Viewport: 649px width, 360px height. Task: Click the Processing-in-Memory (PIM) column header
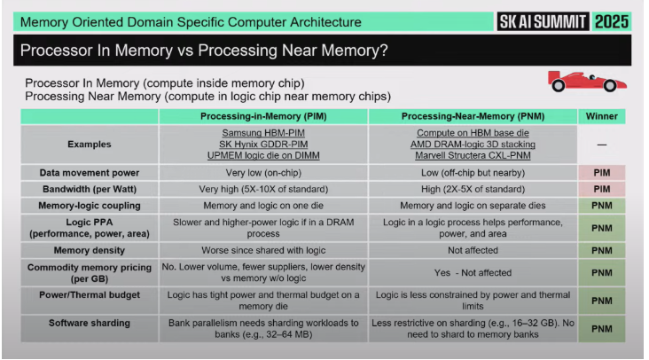coord(263,116)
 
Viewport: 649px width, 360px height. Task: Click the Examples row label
coord(89,144)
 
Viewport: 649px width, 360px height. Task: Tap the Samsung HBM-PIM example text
coord(263,132)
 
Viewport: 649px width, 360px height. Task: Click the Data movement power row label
coord(89,172)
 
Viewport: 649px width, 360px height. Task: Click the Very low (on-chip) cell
coord(263,172)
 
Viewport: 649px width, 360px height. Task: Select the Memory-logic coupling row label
coord(89,206)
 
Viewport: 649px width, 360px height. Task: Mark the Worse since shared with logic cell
coord(263,251)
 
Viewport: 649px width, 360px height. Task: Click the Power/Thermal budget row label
coord(89,299)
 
